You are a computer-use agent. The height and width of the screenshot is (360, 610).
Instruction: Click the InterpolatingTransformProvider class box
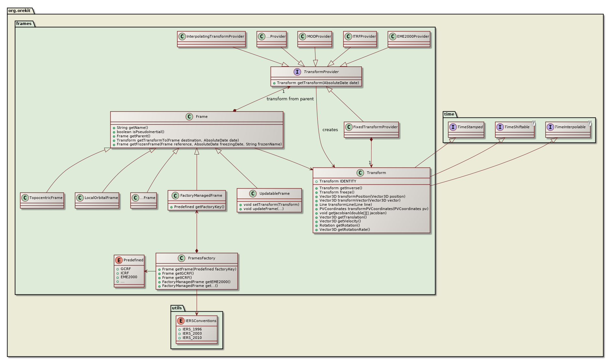(x=211, y=39)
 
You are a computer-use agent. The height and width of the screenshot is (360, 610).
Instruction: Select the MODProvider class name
(x=319, y=36)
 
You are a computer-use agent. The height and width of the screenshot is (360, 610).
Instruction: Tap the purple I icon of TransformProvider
(x=297, y=72)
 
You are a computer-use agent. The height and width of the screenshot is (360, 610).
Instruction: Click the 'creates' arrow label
(x=330, y=130)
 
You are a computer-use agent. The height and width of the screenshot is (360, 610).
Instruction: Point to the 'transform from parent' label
(x=290, y=99)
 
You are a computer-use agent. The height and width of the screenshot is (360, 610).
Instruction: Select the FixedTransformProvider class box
(x=371, y=130)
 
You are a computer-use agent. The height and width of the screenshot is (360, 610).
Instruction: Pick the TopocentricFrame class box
(x=42, y=200)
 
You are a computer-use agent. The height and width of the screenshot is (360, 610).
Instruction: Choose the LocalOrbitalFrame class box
(x=97, y=200)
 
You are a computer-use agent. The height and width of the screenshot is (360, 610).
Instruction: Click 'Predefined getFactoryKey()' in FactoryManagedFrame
(x=199, y=207)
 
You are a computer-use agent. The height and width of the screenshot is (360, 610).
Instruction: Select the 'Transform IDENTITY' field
(x=337, y=181)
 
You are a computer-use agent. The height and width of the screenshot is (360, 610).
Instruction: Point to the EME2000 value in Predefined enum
(x=129, y=277)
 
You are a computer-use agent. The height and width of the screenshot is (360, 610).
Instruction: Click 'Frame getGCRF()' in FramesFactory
(x=178, y=273)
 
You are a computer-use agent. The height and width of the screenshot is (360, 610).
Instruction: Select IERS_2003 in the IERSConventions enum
(x=192, y=333)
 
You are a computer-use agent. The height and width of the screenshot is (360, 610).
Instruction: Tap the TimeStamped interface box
(x=466, y=130)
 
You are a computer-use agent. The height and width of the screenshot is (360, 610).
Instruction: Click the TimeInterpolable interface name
(x=570, y=127)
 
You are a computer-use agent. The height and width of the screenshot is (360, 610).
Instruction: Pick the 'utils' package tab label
(x=177, y=308)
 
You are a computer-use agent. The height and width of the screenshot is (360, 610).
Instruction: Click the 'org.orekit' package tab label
(x=19, y=10)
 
